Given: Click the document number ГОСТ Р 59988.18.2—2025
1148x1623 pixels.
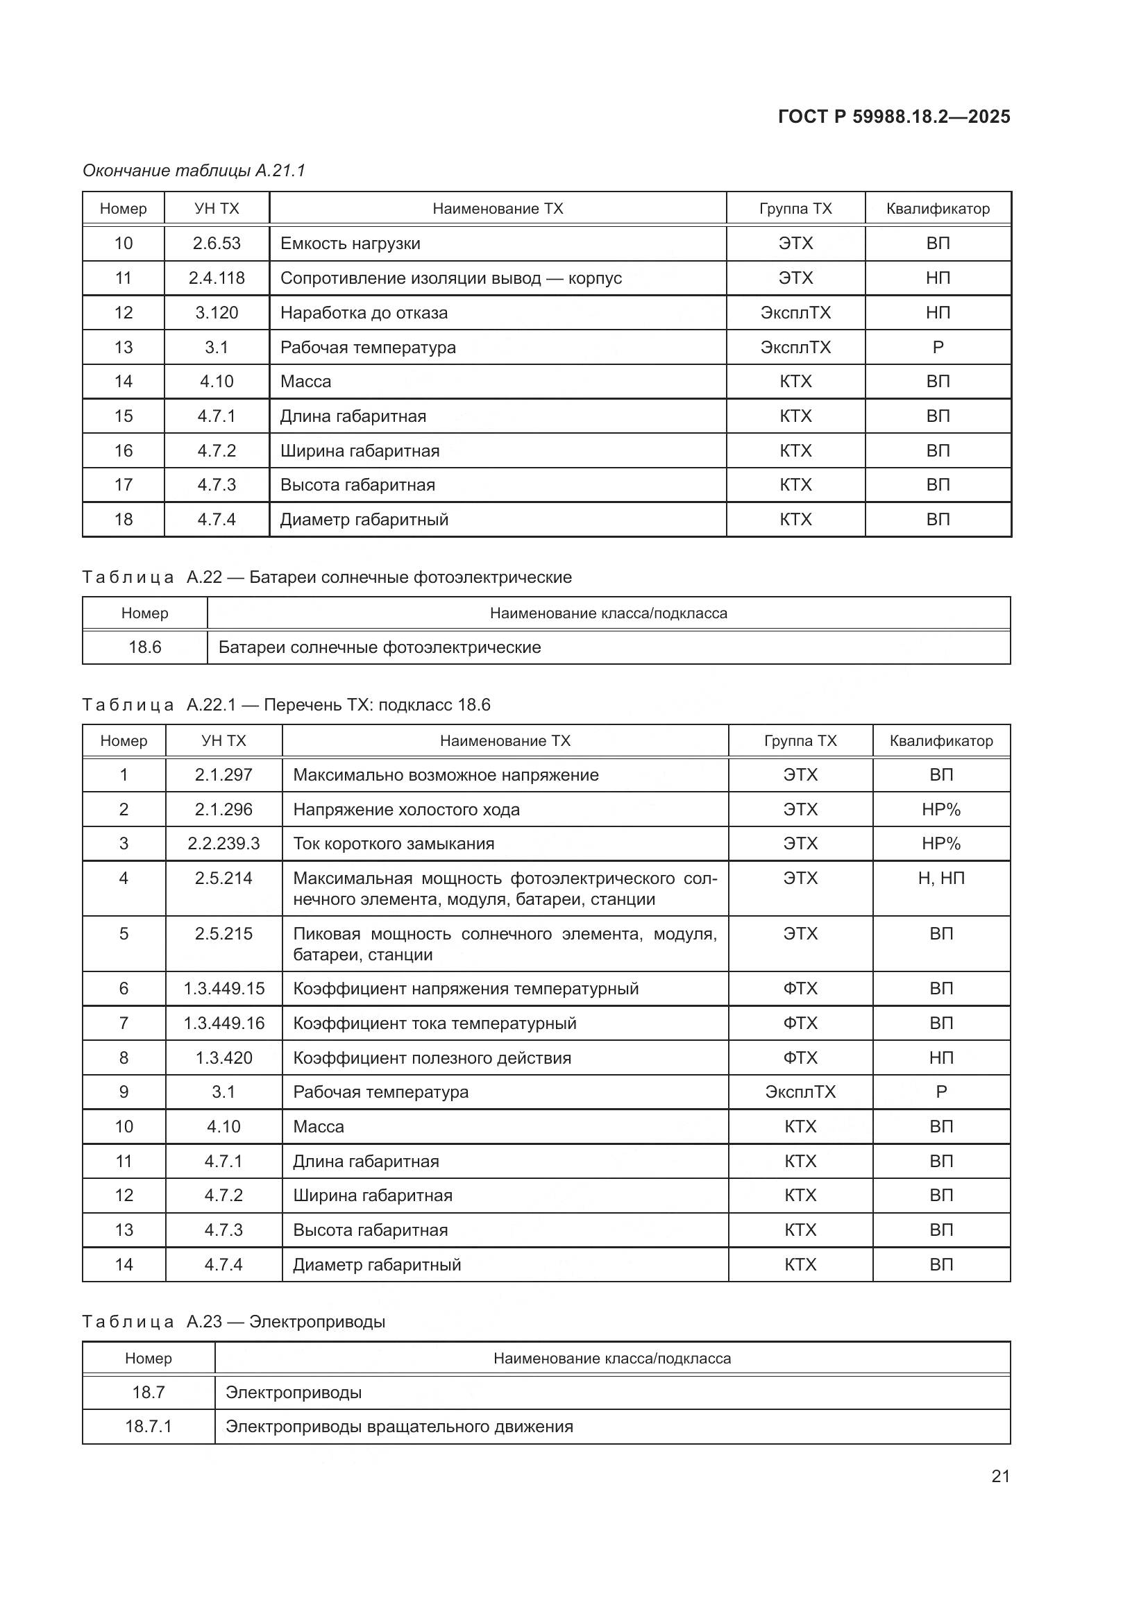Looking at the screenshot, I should pyautogui.click(x=893, y=117).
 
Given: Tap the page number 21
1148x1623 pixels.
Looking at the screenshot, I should pyautogui.click(x=1000, y=1476).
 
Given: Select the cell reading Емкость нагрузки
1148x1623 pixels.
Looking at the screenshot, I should pyautogui.click(x=350, y=243).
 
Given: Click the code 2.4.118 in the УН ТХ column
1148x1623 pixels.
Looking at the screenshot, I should pyautogui.click(x=217, y=278).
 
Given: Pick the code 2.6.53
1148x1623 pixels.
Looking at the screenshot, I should pyautogui.click(x=217, y=243).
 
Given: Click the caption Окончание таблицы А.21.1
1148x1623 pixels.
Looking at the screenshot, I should pyautogui.click(x=194, y=171).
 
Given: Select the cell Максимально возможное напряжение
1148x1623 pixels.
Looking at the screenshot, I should pyautogui.click(x=446, y=775).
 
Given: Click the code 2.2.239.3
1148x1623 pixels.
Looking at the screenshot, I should pyautogui.click(x=223, y=843).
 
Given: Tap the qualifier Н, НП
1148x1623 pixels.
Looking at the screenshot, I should pyautogui.click(x=941, y=878).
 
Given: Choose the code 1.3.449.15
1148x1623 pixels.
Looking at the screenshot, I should pyautogui.click(x=223, y=988).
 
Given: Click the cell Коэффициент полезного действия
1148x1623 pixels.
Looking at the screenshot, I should pyautogui.click(x=432, y=1057).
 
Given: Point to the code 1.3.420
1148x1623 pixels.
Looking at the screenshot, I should pyautogui.click(x=223, y=1057).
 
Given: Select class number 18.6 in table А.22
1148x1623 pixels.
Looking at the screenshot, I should pyautogui.click(x=145, y=647).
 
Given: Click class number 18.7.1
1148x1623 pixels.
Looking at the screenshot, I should pyautogui.click(x=149, y=1426).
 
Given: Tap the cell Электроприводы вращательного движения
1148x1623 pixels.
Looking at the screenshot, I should pyautogui.click(x=398, y=1426).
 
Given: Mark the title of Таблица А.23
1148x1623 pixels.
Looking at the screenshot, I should pyautogui.click(x=234, y=1321).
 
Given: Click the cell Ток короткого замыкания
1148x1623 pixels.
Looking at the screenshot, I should pyautogui.click(x=394, y=843).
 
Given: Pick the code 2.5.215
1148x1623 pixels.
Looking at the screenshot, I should pyautogui.click(x=223, y=934).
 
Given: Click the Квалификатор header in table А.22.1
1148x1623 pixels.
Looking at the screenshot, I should pyautogui.click(x=941, y=741).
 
